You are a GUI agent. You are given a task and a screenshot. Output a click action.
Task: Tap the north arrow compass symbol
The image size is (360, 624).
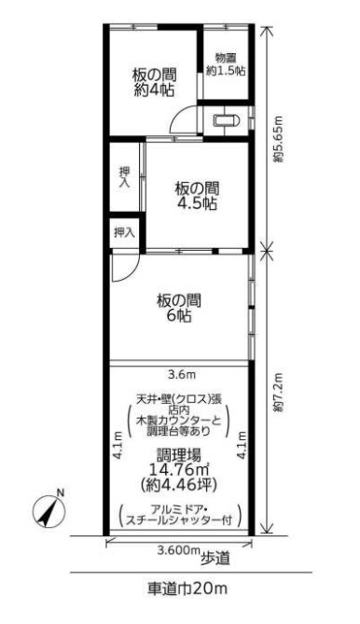point(48,508)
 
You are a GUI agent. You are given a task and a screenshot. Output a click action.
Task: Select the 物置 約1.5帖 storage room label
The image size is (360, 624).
point(225,64)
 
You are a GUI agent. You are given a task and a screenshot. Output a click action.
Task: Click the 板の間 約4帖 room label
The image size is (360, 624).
point(154,82)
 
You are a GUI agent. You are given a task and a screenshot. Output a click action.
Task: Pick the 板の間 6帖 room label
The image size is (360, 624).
point(179,308)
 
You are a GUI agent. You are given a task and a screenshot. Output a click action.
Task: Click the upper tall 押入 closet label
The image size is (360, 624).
point(125,177)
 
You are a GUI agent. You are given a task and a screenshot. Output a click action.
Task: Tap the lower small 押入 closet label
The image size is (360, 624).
point(125,232)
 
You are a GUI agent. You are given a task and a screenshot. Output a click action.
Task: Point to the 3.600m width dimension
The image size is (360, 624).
point(178,550)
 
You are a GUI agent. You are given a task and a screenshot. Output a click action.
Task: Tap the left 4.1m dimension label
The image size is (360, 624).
point(118,445)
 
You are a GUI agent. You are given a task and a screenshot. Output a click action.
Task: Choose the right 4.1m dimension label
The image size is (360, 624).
point(242,445)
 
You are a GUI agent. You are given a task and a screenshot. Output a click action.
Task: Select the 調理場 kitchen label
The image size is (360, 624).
point(179,455)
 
